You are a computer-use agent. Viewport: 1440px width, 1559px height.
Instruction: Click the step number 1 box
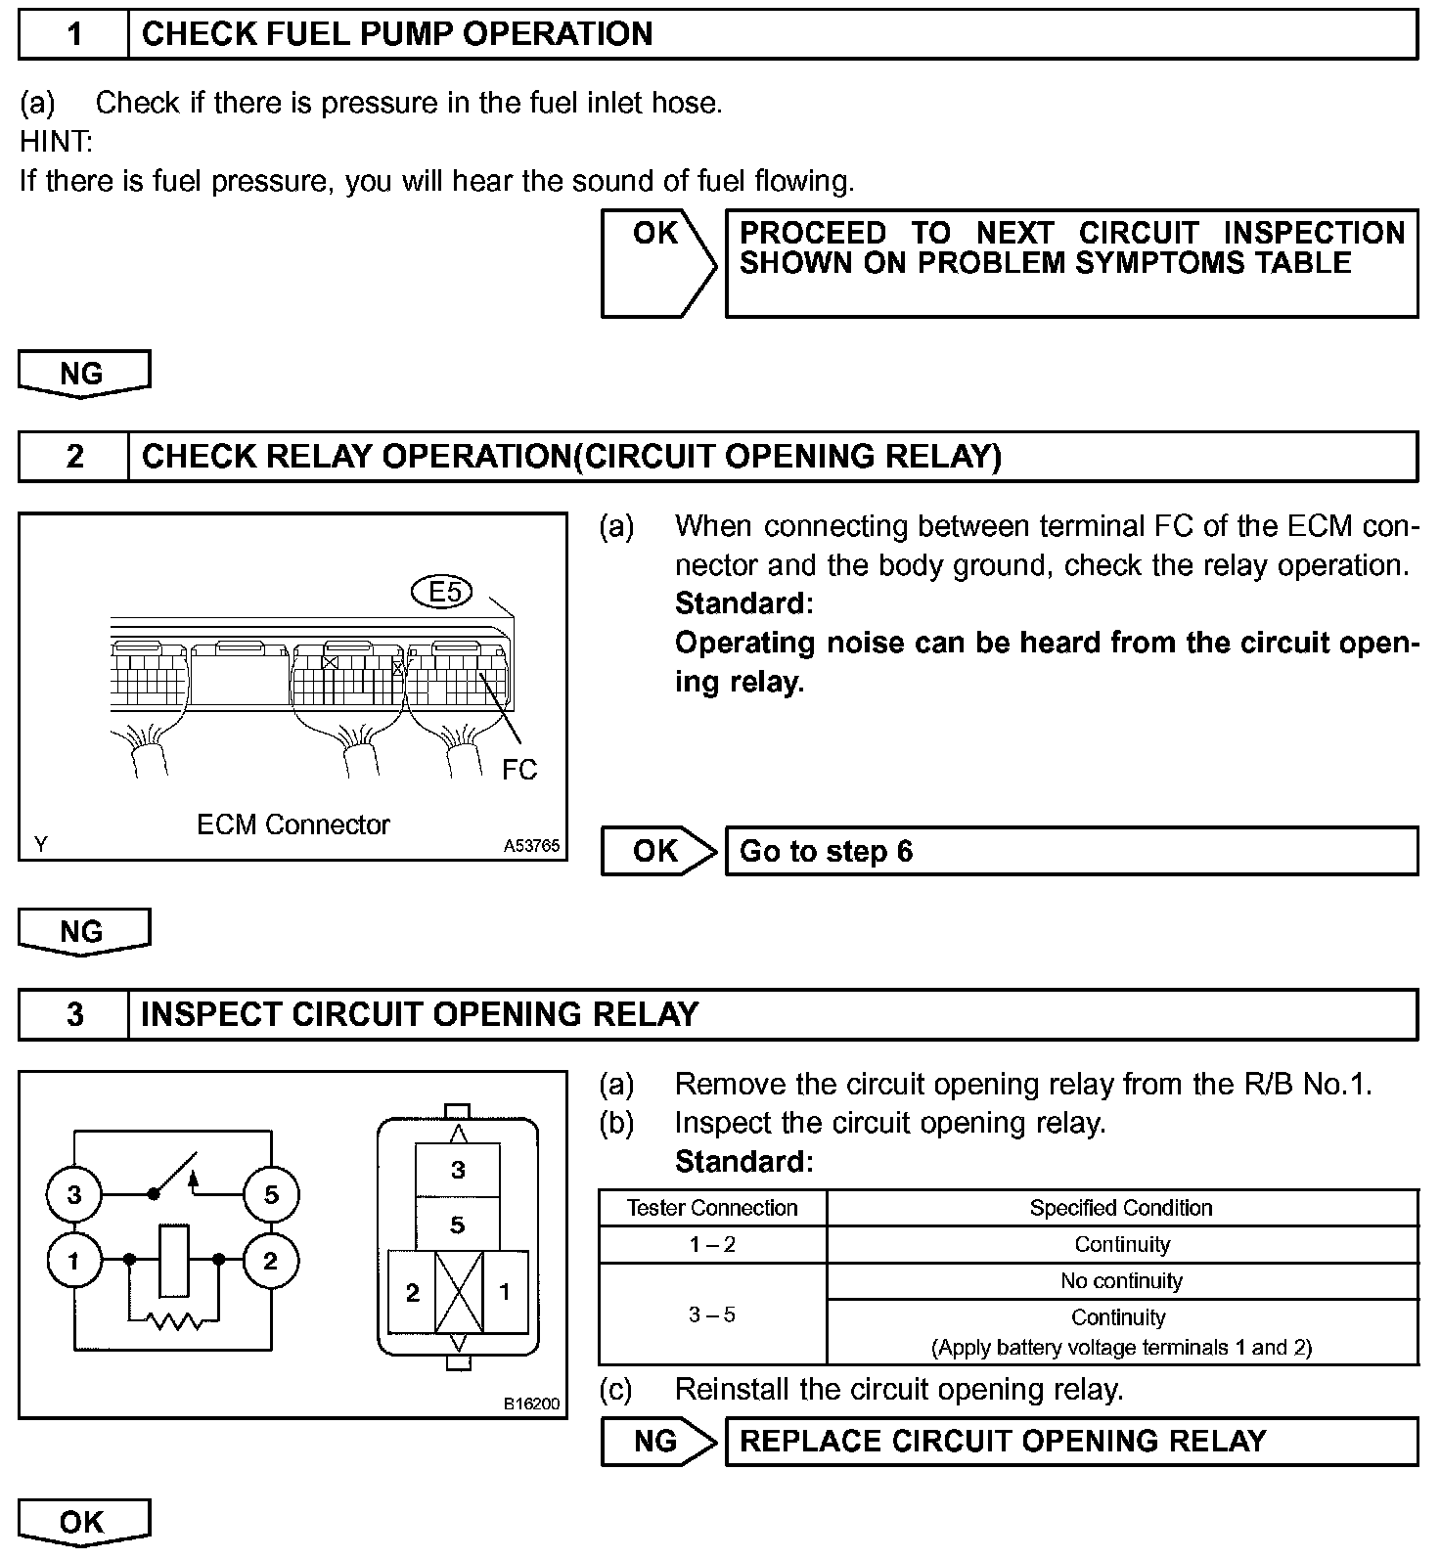pyautogui.click(x=74, y=34)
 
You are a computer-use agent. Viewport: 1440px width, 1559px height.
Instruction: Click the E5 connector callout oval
pyautogui.click(x=444, y=591)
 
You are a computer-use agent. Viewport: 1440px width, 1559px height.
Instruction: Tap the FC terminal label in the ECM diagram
pyautogui.click(x=519, y=770)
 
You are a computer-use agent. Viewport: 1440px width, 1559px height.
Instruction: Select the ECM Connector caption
pyautogui.click(x=292, y=824)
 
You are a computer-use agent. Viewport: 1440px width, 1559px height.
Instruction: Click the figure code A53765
pyautogui.click(x=532, y=846)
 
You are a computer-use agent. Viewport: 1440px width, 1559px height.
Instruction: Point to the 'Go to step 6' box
pyautogui.click(x=1070, y=851)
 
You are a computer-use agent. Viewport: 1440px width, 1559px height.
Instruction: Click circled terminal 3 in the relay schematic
pyautogui.click(x=75, y=1194)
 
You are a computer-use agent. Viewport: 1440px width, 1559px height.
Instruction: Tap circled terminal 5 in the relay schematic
pyautogui.click(x=271, y=1194)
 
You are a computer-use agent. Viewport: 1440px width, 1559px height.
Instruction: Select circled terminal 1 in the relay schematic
pyautogui.click(x=73, y=1261)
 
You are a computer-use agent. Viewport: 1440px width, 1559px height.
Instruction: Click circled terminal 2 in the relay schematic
pyautogui.click(x=271, y=1261)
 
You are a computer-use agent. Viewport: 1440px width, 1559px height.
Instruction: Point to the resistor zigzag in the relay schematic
pyautogui.click(x=176, y=1321)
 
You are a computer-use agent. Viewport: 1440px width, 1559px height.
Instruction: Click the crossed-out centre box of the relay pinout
pyautogui.click(x=458, y=1292)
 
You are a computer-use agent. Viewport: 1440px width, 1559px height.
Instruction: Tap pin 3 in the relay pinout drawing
pyautogui.click(x=458, y=1170)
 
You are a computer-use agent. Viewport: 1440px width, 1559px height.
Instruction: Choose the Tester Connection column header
pyautogui.click(x=712, y=1208)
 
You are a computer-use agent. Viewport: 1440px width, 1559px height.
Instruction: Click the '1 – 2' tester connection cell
pyautogui.click(x=712, y=1244)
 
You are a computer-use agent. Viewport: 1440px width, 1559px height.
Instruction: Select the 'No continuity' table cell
pyautogui.click(x=1121, y=1280)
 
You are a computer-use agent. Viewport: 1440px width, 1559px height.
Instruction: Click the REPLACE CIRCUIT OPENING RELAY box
pyautogui.click(x=1070, y=1441)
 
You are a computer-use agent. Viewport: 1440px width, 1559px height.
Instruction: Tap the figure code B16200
pyautogui.click(x=532, y=1403)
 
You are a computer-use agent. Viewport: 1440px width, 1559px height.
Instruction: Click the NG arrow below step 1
pyautogui.click(x=83, y=374)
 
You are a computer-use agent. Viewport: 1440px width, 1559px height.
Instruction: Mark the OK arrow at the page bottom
pyautogui.click(x=83, y=1522)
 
